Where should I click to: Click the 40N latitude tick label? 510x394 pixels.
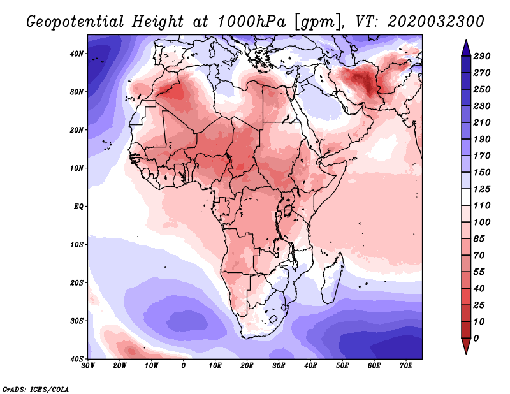pyautogui.click(x=77, y=54)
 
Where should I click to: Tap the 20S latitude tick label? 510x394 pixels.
pyautogui.click(x=77, y=282)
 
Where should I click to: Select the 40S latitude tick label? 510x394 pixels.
pyautogui.click(x=77, y=358)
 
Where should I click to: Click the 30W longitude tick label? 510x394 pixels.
pyautogui.click(x=88, y=366)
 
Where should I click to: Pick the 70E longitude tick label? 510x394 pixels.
pyautogui.click(x=405, y=366)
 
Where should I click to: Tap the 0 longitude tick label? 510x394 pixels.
pyautogui.click(x=184, y=366)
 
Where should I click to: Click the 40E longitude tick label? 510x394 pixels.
pyautogui.click(x=310, y=366)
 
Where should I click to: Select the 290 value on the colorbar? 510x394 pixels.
pyautogui.click(x=481, y=57)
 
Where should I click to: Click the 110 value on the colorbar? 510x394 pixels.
pyautogui.click(x=481, y=205)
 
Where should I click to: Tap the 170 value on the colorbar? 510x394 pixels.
pyautogui.click(x=481, y=156)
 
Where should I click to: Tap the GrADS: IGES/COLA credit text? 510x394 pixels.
pyautogui.click(x=36, y=388)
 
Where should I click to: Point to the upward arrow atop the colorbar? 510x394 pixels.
pyautogui.click(x=466, y=46)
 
